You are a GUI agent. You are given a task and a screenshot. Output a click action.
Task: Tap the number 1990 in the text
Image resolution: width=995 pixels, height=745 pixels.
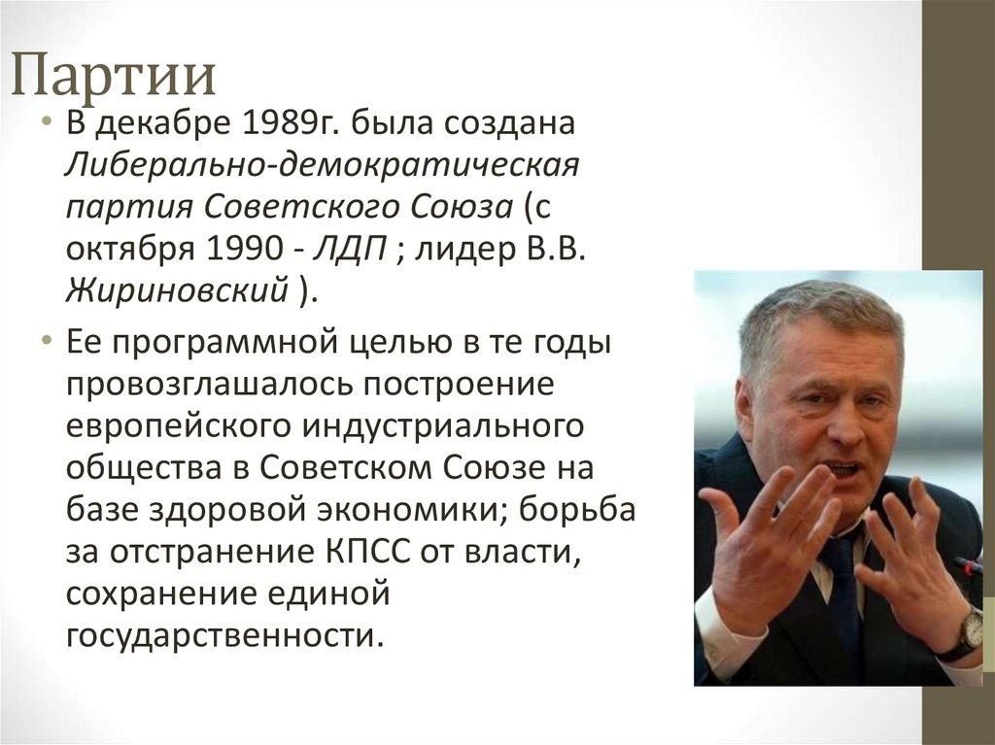coord(246,249)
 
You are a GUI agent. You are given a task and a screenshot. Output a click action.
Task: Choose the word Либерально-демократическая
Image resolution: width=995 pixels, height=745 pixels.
coord(322,167)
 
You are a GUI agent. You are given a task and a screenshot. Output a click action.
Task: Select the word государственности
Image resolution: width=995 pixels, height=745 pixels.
coord(220,635)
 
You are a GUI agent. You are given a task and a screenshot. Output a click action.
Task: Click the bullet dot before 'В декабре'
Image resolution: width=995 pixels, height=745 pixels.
coord(46,126)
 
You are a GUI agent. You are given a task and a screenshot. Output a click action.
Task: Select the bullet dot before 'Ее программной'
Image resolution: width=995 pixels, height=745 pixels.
coord(46,345)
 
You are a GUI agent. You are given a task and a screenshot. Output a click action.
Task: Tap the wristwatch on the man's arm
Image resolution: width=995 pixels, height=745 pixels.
coord(968,632)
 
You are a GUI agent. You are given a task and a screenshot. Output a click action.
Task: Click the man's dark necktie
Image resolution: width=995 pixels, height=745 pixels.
coord(841,593)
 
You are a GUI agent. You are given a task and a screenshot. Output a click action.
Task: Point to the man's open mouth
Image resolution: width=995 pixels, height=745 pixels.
coord(841,469)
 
